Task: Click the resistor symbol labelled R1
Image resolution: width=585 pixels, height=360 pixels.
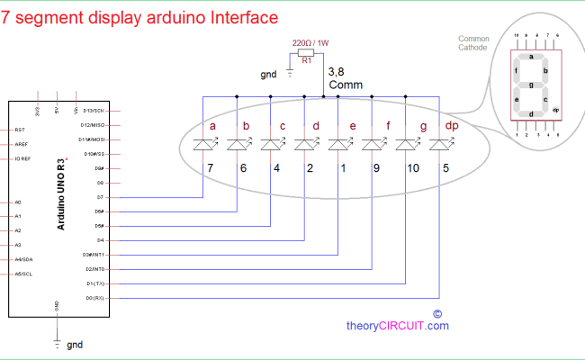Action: click(306, 53)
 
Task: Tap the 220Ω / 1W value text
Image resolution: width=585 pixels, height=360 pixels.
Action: click(310, 41)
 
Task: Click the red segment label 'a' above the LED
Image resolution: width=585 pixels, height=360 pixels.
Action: click(212, 127)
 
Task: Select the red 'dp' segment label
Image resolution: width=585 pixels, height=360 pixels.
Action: click(452, 127)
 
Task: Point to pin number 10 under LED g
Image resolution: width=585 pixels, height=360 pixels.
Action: click(413, 167)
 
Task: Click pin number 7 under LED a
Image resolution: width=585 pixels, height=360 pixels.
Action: click(209, 167)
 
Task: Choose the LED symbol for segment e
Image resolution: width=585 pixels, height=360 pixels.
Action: click(338, 144)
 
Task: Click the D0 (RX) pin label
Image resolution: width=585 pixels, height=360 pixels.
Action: click(94, 297)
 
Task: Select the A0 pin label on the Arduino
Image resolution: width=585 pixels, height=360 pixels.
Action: click(17, 202)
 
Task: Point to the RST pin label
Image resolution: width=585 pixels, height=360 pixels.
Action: click(20, 130)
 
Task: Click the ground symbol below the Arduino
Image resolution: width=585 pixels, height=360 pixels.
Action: click(58, 343)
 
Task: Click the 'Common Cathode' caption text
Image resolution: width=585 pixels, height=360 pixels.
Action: click(473, 44)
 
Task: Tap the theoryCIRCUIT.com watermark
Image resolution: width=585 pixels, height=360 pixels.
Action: click(398, 326)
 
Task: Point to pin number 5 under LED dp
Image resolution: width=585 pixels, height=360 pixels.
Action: click(445, 167)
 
